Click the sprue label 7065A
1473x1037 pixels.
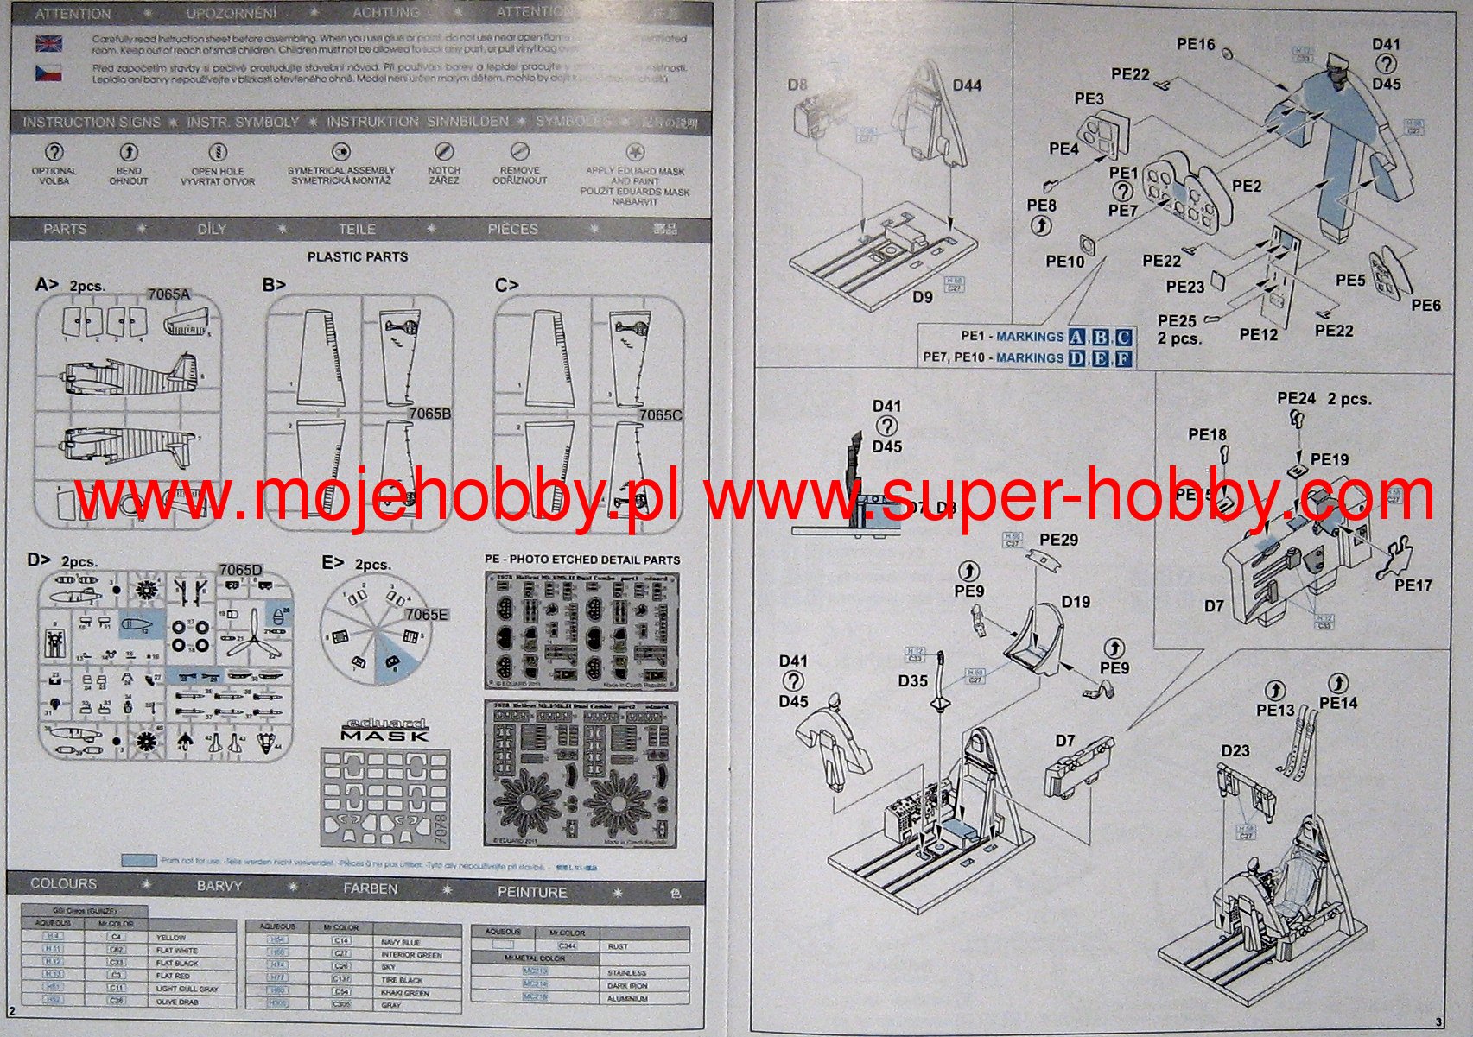tap(168, 294)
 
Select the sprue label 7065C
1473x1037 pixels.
tap(660, 415)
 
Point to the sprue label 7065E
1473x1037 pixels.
tap(426, 615)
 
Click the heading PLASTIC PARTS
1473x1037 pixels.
tap(358, 256)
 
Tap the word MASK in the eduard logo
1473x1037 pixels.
tap(384, 736)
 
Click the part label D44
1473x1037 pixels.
tap(967, 85)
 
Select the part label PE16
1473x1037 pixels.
tap(1196, 44)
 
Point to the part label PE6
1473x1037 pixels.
tap(1426, 306)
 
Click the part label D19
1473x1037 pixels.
tap(1076, 602)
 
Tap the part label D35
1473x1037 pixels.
tap(912, 681)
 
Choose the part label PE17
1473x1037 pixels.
tap(1413, 585)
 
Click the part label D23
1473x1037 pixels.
tap(1235, 750)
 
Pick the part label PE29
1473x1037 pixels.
tap(1058, 540)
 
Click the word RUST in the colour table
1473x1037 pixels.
tap(618, 946)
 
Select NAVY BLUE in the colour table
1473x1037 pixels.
tap(400, 942)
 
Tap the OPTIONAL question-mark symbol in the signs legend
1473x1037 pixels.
tap(54, 152)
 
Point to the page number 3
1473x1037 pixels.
tap(1438, 1023)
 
